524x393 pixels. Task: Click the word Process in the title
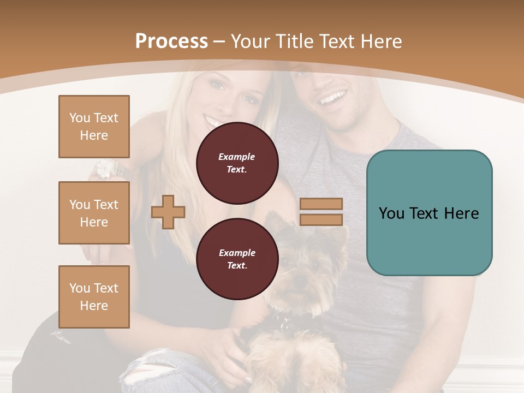(171, 41)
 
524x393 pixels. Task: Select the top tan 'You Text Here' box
(94, 127)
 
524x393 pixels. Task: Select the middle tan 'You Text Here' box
(94, 213)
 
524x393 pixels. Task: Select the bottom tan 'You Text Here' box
(94, 297)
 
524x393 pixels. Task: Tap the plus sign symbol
(168, 212)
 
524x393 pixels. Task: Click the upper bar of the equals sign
(321, 204)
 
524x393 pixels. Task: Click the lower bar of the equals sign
(321, 220)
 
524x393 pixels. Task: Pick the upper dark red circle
(237, 163)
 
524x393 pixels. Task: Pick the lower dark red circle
(237, 259)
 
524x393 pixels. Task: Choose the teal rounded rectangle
(429, 213)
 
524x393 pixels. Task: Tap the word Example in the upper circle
(237, 157)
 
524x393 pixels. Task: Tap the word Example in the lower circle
(237, 253)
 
